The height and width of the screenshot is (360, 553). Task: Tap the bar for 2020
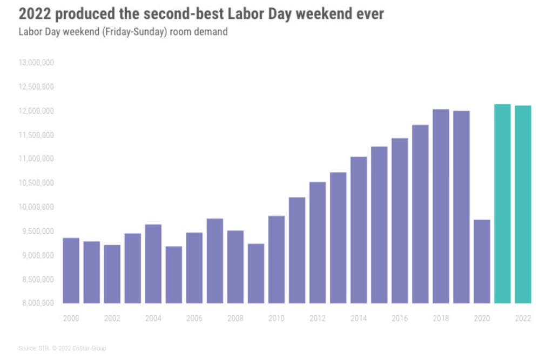pyautogui.click(x=482, y=261)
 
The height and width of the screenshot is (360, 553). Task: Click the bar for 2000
pyautogui.click(x=71, y=270)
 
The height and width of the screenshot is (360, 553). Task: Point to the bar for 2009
pyautogui.click(x=256, y=273)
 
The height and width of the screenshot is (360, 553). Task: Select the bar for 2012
pyautogui.click(x=318, y=242)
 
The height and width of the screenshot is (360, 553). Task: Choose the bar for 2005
pyautogui.click(x=174, y=275)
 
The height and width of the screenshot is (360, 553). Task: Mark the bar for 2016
pyautogui.click(x=400, y=221)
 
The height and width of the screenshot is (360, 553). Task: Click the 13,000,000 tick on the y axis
pyautogui.click(x=36, y=63)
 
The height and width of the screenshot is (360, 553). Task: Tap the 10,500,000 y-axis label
pyautogui.click(x=36, y=183)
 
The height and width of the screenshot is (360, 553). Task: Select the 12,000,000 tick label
pyautogui.click(x=36, y=111)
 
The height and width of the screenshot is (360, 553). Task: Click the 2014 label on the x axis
pyautogui.click(x=359, y=318)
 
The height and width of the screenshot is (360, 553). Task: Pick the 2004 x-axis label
pyautogui.click(x=153, y=318)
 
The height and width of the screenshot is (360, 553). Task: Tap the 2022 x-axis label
pyautogui.click(x=523, y=318)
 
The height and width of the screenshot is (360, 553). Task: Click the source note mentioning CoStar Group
pyautogui.click(x=62, y=348)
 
